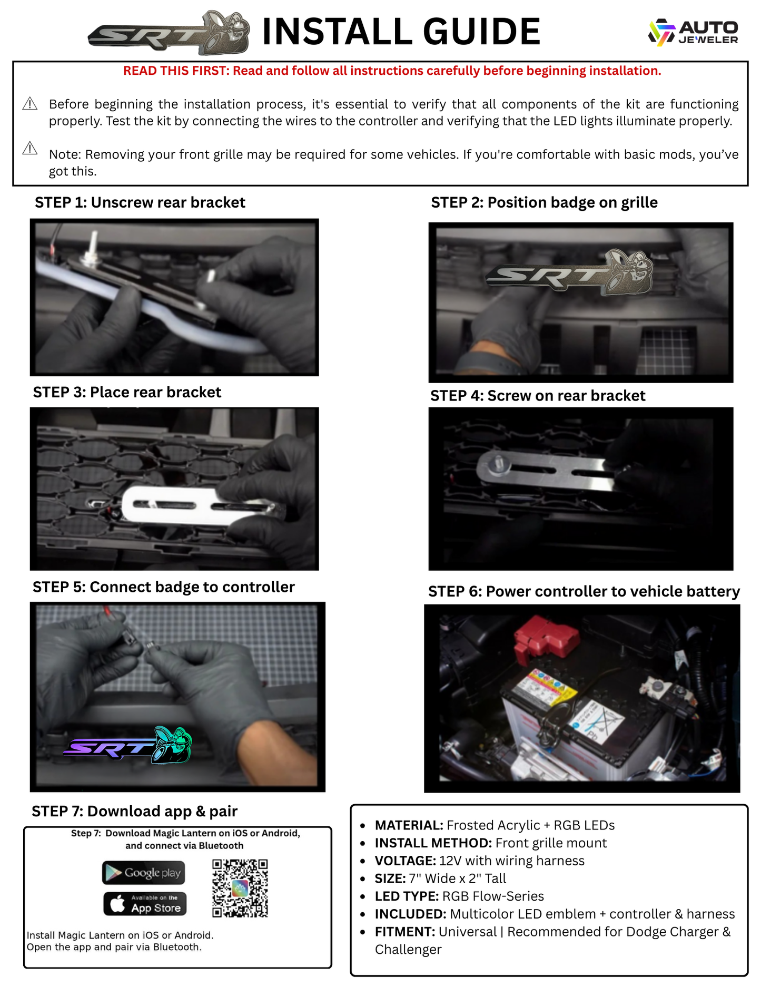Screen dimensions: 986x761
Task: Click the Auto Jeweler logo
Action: point(693,32)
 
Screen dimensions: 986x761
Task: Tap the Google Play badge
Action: point(143,873)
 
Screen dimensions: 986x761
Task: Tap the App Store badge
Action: point(145,904)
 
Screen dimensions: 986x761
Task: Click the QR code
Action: point(240,888)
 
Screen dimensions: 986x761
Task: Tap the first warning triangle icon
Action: point(30,104)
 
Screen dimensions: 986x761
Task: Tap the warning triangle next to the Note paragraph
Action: point(30,149)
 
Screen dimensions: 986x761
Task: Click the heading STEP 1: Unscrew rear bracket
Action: point(140,203)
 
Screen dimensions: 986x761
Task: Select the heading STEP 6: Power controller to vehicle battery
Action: point(584,591)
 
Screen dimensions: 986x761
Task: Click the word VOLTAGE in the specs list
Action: point(404,861)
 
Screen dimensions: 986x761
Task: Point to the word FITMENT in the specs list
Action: point(404,932)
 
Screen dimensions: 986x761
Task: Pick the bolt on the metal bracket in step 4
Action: point(498,464)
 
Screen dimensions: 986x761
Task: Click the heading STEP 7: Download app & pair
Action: point(134,811)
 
